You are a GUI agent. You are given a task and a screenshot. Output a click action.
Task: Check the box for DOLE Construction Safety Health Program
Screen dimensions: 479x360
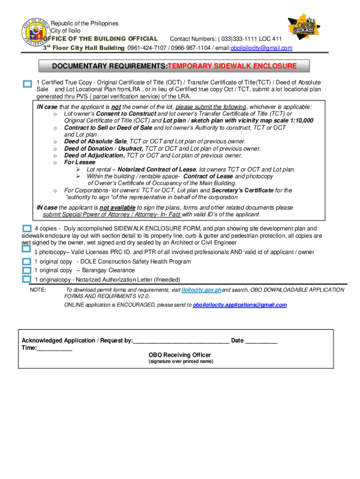pos(26,261)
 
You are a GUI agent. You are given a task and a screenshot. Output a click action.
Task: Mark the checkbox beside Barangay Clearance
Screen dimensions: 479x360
pos(26,270)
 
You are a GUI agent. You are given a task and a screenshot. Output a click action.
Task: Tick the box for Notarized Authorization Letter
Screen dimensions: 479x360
pos(26,279)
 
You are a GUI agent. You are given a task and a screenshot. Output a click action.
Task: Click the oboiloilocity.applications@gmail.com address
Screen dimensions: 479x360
pos(240,305)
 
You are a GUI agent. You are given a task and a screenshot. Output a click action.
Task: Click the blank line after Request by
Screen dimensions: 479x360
pos(181,341)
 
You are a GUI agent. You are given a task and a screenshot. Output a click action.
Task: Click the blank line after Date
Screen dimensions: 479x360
pos(261,341)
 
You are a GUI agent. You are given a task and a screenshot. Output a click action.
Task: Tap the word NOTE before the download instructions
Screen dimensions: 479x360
pos(38,290)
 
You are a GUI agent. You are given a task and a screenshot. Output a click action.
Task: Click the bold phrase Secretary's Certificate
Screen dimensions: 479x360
pos(242,190)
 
